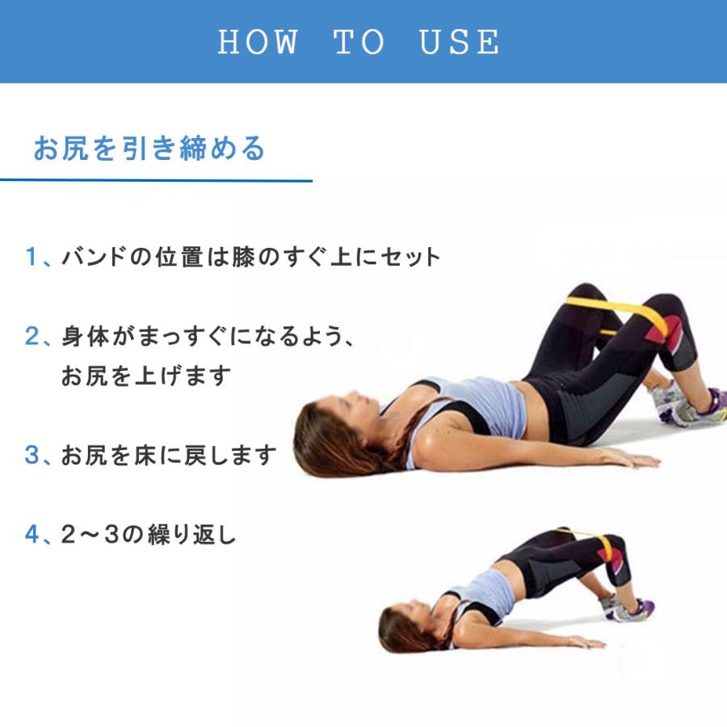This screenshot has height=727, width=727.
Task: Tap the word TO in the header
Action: coord(359,42)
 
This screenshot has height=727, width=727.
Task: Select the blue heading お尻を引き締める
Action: coord(149,149)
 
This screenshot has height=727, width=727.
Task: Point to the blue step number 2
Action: coord(32,336)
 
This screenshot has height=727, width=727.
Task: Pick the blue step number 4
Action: coord(32,535)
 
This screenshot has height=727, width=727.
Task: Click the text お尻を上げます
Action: coord(146,376)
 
